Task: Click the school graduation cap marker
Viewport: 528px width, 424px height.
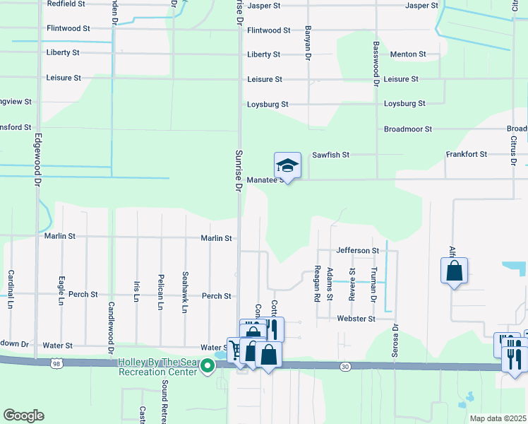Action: pyautogui.click(x=287, y=166)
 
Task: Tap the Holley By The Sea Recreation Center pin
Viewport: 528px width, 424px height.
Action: pyautogui.click(x=208, y=365)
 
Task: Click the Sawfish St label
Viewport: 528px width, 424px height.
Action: pyautogui.click(x=331, y=155)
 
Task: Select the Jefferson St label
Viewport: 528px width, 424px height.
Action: pyautogui.click(x=358, y=250)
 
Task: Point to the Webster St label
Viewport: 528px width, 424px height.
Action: pyautogui.click(x=357, y=319)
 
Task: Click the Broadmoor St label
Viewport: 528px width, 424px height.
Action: pyautogui.click(x=407, y=129)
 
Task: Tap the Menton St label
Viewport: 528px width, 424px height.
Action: pyautogui.click(x=408, y=54)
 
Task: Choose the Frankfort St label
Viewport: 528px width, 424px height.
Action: pyautogui.click(x=466, y=154)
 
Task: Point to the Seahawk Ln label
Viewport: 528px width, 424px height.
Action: pyautogui.click(x=185, y=293)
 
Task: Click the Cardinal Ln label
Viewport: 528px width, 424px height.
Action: pyautogui.click(x=11, y=288)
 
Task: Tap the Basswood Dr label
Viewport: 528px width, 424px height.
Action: pyautogui.click(x=376, y=64)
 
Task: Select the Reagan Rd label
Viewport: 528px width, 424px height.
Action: pyautogui.click(x=318, y=283)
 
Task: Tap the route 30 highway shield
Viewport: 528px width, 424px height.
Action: pyautogui.click(x=344, y=365)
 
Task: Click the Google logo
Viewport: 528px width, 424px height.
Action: pyautogui.click(x=23, y=416)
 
